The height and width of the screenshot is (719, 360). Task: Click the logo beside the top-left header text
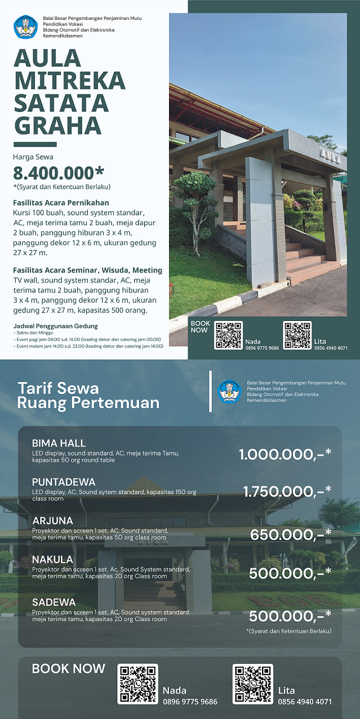[25, 27]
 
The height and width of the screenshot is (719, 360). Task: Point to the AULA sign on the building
[330, 155]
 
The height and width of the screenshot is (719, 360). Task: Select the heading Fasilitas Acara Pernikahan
[61, 203]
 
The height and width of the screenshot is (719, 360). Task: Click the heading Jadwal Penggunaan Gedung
[55, 326]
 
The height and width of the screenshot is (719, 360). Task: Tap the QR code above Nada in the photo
[228, 336]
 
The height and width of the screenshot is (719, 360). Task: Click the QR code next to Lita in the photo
[297, 336]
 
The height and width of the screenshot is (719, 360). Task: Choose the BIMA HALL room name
[59, 443]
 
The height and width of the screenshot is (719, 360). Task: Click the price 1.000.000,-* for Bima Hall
[285, 454]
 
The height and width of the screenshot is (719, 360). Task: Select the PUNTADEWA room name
[64, 482]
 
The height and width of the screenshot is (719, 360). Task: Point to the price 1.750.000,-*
[287, 492]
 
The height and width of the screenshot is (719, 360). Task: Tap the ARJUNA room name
[52, 520]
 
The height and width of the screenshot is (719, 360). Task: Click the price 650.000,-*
[291, 534]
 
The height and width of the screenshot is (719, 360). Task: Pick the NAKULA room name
[52, 559]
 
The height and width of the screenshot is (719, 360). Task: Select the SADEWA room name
[54, 602]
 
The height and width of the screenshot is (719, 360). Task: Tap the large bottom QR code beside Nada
[137, 684]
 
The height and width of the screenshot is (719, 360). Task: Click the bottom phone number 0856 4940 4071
[305, 702]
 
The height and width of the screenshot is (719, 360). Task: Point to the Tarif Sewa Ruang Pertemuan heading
[88, 395]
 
